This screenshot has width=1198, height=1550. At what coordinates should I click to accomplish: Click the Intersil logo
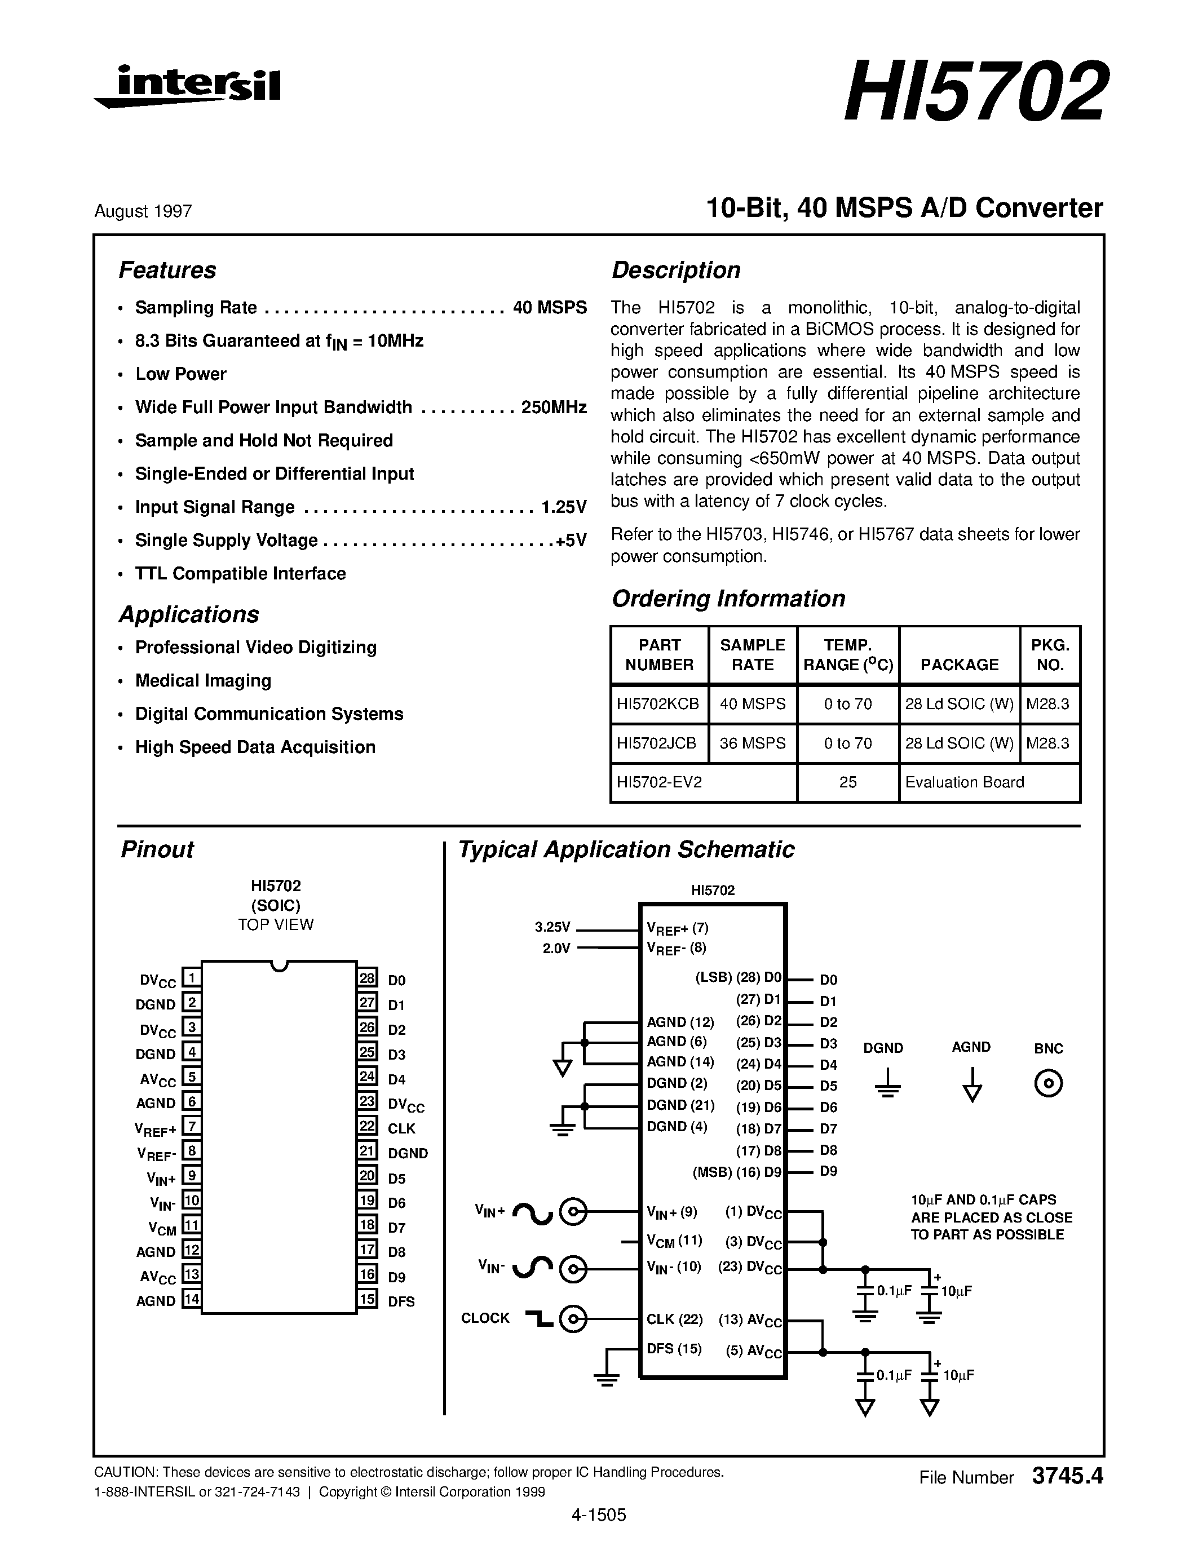pos(188,87)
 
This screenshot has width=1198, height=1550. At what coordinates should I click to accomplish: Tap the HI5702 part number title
pos(974,92)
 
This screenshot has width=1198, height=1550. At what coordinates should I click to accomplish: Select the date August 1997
pos(143,211)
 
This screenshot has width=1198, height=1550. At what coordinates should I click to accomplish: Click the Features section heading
pos(167,271)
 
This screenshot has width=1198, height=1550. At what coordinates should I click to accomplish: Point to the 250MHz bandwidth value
pos(554,408)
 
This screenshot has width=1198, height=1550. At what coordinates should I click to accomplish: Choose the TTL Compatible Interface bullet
pos(240,573)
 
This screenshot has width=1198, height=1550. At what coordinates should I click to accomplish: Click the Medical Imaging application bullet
pos(203,681)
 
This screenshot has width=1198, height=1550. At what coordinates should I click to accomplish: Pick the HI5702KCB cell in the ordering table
pos(658,704)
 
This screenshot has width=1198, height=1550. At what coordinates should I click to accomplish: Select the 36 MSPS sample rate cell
pos(752,743)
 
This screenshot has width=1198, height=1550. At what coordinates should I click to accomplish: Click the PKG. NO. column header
pos(1050,655)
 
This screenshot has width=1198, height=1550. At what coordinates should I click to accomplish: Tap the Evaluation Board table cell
pos(965,782)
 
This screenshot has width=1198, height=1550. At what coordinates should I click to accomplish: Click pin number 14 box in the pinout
pos(192,1299)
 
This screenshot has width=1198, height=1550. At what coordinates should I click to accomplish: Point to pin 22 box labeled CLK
pos(367,1126)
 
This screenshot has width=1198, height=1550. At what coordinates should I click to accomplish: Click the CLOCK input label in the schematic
pos(485,1318)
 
